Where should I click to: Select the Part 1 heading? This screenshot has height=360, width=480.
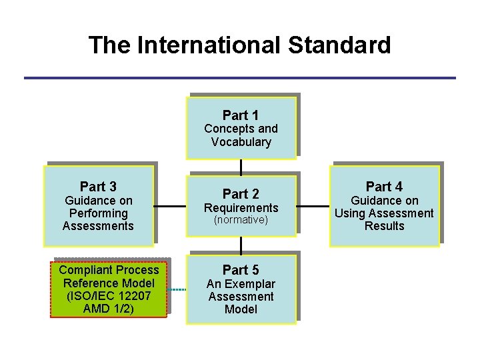click(x=241, y=115)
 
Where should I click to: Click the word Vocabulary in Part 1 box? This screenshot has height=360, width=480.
click(x=241, y=142)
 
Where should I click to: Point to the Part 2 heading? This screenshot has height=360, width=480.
click(x=241, y=194)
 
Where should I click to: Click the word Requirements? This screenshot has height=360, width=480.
click(x=241, y=208)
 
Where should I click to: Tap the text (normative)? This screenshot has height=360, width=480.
click(x=241, y=220)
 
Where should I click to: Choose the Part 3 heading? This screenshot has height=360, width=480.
click(x=98, y=187)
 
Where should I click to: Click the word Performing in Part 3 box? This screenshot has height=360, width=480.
click(x=98, y=213)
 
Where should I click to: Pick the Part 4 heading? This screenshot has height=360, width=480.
click(x=384, y=187)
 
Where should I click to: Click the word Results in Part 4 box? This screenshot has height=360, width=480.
click(x=384, y=226)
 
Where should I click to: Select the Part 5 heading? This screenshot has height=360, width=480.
click(x=241, y=270)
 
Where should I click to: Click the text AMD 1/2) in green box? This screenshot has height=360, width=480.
click(x=108, y=309)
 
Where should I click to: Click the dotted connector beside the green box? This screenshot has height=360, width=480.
click(x=176, y=289)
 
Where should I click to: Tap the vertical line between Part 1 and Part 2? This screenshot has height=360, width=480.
click(x=241, y=167)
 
